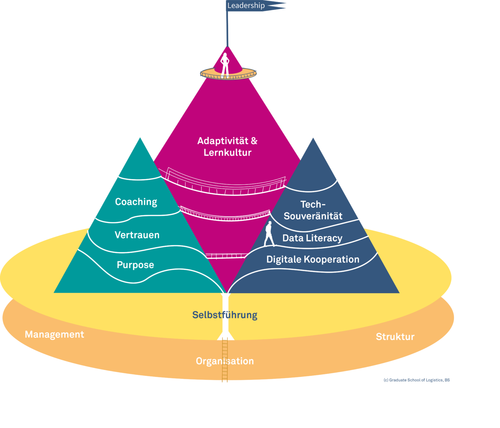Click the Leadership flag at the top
(250, 6)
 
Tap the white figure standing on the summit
(225, 65)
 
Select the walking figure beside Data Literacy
(269, 234)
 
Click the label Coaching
(136, 202)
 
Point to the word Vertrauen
(137, 235)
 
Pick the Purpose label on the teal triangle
(135, 265)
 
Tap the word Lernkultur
(228, 153)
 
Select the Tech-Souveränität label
(313, 210)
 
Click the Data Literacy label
(312, 238)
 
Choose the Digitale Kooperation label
(313, 259)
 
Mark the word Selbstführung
(225, 315)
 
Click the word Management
(54, 335)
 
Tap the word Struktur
(395, 337)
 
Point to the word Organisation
(225, 361)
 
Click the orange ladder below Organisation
(225, 374)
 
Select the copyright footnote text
(416, 380)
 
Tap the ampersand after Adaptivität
(254, 141)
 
